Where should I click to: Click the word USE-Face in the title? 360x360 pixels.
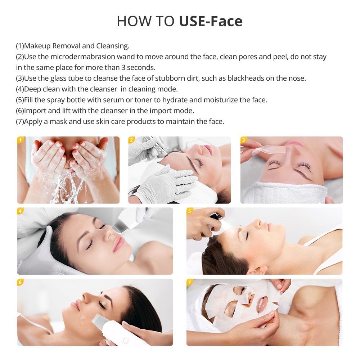pos(211,21)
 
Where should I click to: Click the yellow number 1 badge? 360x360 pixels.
pos(21,140)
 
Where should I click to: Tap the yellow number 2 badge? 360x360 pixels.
pos(132,140)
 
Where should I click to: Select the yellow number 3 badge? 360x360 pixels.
pos(244,140)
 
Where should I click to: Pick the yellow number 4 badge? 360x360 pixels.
pos(21,211)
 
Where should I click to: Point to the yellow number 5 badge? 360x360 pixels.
pos(190,211)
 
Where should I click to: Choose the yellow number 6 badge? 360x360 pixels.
pos(21,282)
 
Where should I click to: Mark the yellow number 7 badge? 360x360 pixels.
pos(190,282)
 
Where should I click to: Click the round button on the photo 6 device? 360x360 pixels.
pos(126,340)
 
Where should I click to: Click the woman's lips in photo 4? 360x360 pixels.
pos(118,244)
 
